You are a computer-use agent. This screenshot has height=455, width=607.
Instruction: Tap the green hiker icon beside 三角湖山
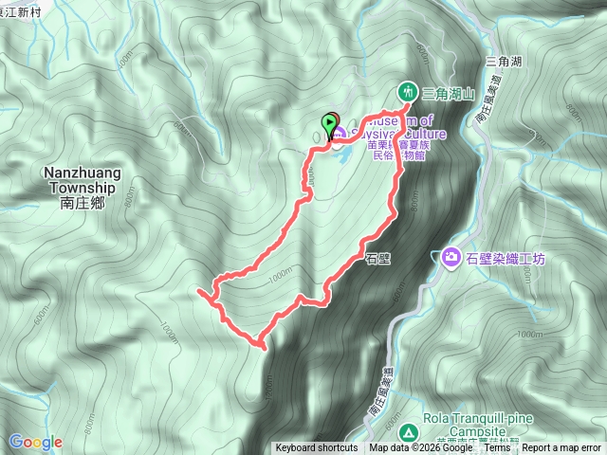pos(407,92)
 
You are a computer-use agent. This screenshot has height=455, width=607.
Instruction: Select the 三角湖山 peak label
pos(447,93)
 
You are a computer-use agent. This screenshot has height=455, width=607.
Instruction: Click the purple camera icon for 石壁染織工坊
pos(451,257)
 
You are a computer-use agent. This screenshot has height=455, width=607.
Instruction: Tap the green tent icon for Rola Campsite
pos(409,432)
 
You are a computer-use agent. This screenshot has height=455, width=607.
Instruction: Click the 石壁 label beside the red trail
pos(377,257)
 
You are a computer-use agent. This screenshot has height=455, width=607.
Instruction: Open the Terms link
pos(498,448)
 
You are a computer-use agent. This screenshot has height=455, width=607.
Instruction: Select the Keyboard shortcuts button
pos(317,448)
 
